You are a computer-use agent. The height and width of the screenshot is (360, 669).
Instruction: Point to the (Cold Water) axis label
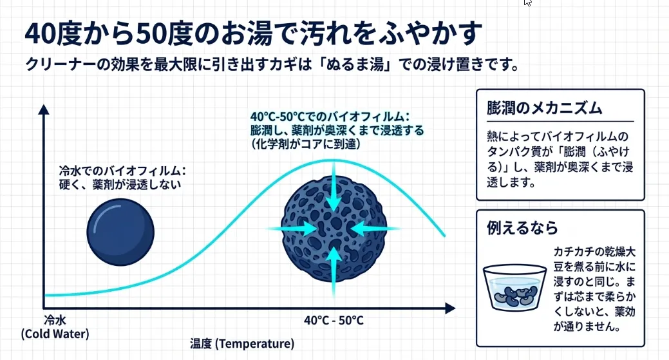(55, 334)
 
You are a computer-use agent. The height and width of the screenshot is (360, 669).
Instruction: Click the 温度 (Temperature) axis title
(241, 343)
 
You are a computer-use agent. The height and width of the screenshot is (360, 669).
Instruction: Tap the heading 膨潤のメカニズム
(545, 108)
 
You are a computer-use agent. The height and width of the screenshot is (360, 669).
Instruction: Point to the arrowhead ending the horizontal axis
(452, 308)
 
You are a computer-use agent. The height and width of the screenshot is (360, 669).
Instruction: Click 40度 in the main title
(51, 34)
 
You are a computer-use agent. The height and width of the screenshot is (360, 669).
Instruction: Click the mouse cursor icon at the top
(528, 3)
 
